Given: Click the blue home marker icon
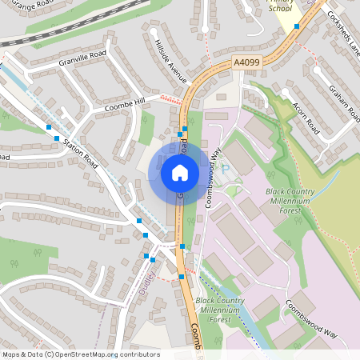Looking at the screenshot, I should click(x=180, y=172).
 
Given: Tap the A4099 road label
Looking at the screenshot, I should click(x=247, y=62).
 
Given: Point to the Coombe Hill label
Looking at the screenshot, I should click(x=125, y=104).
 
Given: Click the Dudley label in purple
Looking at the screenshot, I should click(x=146, y=281).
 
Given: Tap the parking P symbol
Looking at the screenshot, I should click(x=225, y=170).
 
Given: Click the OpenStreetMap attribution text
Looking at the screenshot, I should click(x=81, y=354).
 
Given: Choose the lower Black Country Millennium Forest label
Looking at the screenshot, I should click(x=220, y=309).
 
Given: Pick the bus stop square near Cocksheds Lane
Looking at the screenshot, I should click(x=297, y=26).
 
